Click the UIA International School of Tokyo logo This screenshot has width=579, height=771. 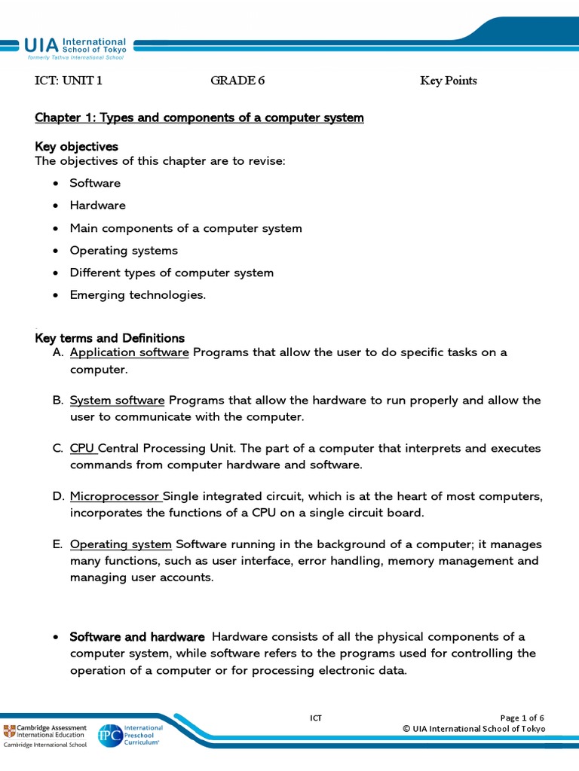75,48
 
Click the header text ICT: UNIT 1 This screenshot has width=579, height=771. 69,81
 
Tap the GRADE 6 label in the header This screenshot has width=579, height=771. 237,81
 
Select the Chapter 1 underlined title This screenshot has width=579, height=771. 199,118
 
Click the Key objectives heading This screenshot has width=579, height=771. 76,146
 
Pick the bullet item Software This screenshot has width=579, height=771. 95,183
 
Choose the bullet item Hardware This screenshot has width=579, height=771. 97,206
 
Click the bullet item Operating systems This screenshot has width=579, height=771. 124,251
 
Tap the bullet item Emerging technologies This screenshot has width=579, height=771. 137,295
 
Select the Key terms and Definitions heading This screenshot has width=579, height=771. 109,338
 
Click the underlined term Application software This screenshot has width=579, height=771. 129,353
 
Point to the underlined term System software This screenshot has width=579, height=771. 117,401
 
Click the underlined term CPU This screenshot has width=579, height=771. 83,449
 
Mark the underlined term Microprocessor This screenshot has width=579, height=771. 115,497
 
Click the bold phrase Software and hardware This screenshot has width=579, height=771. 137,637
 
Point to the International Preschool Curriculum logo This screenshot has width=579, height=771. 130,733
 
